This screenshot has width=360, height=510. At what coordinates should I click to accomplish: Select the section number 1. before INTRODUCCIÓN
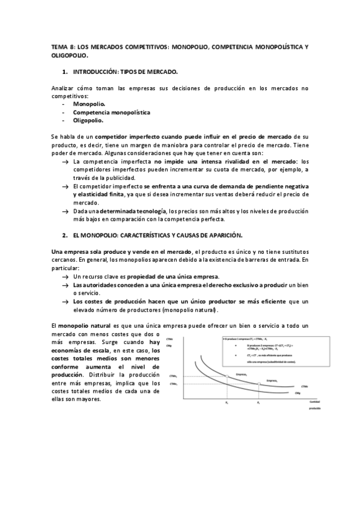click(x=65, y=72)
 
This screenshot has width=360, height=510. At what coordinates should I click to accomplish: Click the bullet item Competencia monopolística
click(x=111, y=112)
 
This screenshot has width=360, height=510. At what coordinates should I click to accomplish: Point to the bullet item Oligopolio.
click(x=88, y=120)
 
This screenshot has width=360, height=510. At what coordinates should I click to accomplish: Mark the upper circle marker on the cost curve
click(x=227, y=377)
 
